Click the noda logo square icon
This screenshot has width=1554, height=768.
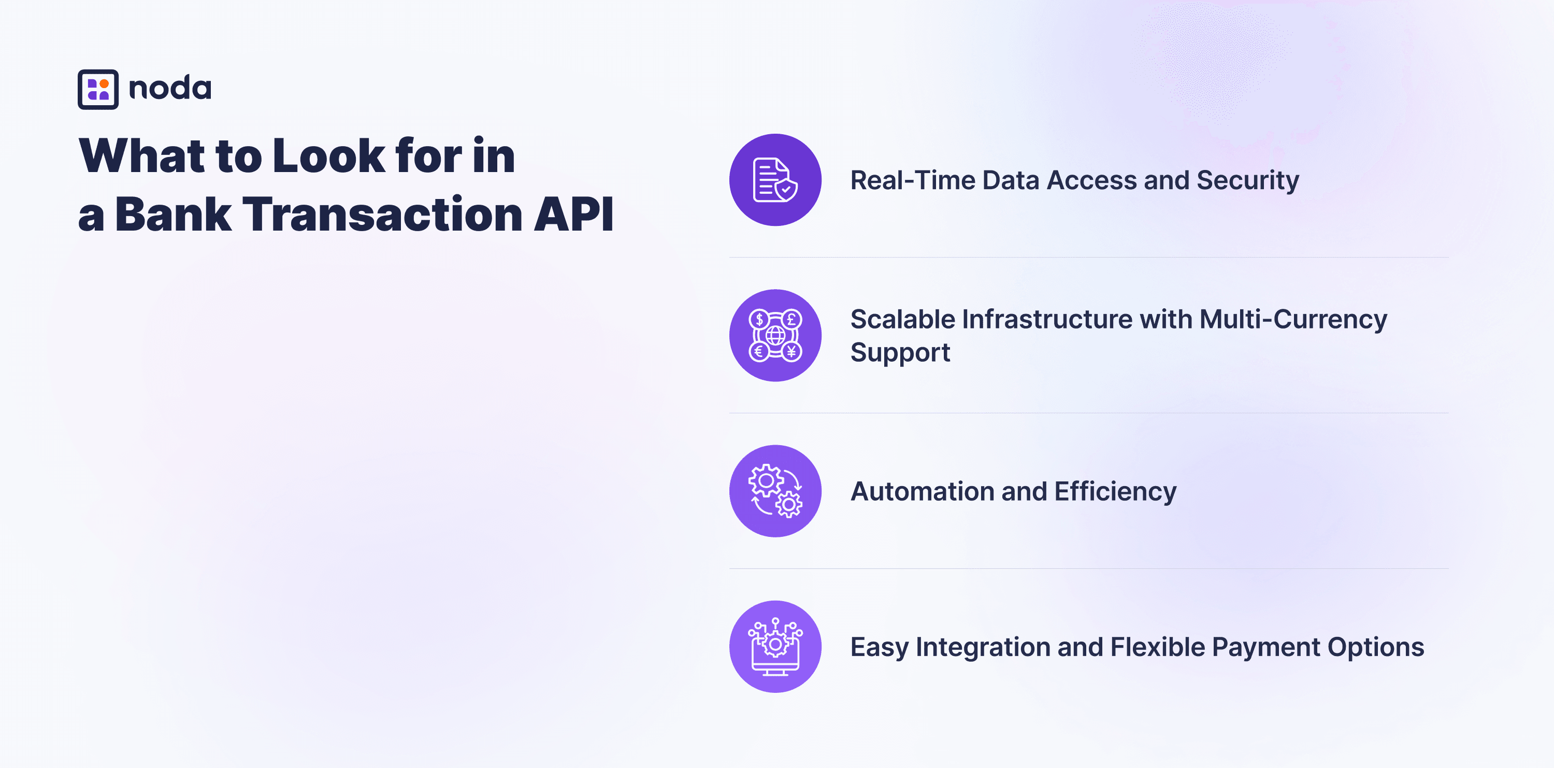98,89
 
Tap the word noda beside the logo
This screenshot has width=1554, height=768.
170,88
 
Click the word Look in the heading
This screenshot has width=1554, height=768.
329,155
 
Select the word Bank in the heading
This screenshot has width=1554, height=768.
173,214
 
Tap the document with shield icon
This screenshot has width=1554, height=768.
775,180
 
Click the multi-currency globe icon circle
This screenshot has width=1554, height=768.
775,335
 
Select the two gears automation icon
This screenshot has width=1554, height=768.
775,491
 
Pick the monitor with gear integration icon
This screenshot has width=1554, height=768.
775,647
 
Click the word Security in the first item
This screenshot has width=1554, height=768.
1247,181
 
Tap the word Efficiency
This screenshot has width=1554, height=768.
1115,492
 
